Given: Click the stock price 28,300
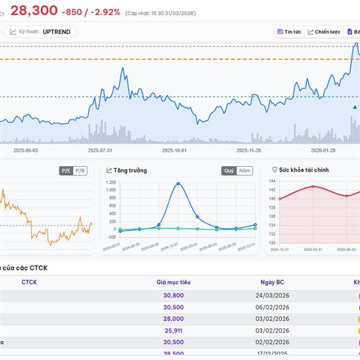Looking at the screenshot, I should (34, 10).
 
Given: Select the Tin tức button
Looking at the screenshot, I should (289, 32).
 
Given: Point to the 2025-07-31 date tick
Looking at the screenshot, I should (100, 151).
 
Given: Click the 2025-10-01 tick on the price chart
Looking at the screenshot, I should (175, 151).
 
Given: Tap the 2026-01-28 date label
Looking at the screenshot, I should (323, 151).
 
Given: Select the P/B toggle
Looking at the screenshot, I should (80, 171).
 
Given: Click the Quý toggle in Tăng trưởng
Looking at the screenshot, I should (229, 171).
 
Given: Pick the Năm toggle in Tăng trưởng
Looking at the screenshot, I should (245, 171).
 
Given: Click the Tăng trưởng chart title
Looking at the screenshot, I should (130, 170).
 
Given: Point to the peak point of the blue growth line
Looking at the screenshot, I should (178, 184).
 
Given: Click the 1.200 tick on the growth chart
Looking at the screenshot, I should (110, 182).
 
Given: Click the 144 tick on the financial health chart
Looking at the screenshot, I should (272, 181).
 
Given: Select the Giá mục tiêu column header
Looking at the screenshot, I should (173, 282).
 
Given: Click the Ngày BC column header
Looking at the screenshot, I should (272, 282).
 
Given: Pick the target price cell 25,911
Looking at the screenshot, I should (173, 330).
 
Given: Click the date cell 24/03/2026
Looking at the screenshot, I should (272, 295).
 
